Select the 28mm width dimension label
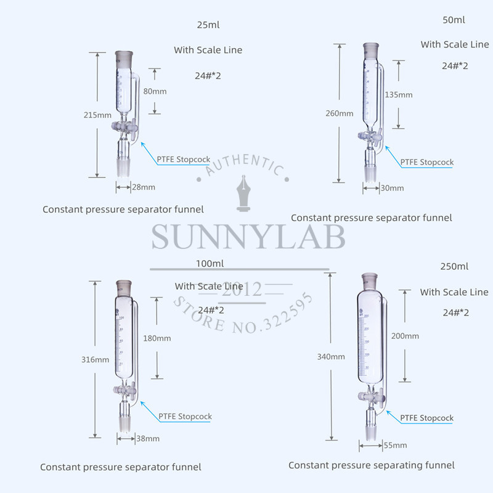pos(144,187)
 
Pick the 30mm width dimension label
pos(392,188)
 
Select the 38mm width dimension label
pos(148,439)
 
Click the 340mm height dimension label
pos(332,357)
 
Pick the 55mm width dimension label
pos(394,445)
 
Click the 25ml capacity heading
pos(208,25)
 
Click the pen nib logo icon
pos(244,197)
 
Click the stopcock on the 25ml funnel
pos(125,128)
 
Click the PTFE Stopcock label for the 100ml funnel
pos(185,417)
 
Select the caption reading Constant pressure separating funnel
pos(372,465)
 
